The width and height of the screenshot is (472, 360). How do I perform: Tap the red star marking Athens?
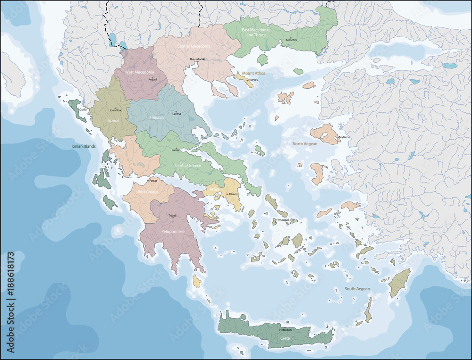[x=227, y=194]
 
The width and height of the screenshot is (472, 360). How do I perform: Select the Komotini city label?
[x=291, y=40]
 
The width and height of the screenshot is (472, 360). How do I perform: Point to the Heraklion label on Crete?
[x=285, y=330]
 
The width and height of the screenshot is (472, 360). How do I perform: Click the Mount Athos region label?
[x=253, y=74]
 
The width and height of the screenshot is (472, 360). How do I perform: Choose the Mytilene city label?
[x=345, y=137]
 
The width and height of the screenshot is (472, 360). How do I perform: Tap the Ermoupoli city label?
[x=283, y=220]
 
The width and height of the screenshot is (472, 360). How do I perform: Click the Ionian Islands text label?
[x=84, y=146]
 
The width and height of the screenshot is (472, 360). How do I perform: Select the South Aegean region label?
[x=357, y=289]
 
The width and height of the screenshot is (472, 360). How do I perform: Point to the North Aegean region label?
[x=304, y=144]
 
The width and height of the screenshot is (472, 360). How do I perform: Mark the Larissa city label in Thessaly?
[x=176, y=114]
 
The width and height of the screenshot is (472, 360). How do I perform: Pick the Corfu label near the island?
[x=83, y=109]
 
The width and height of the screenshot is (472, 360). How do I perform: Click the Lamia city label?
[x=175, y=150]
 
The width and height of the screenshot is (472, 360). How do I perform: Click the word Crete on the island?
[x=285, y=338]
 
